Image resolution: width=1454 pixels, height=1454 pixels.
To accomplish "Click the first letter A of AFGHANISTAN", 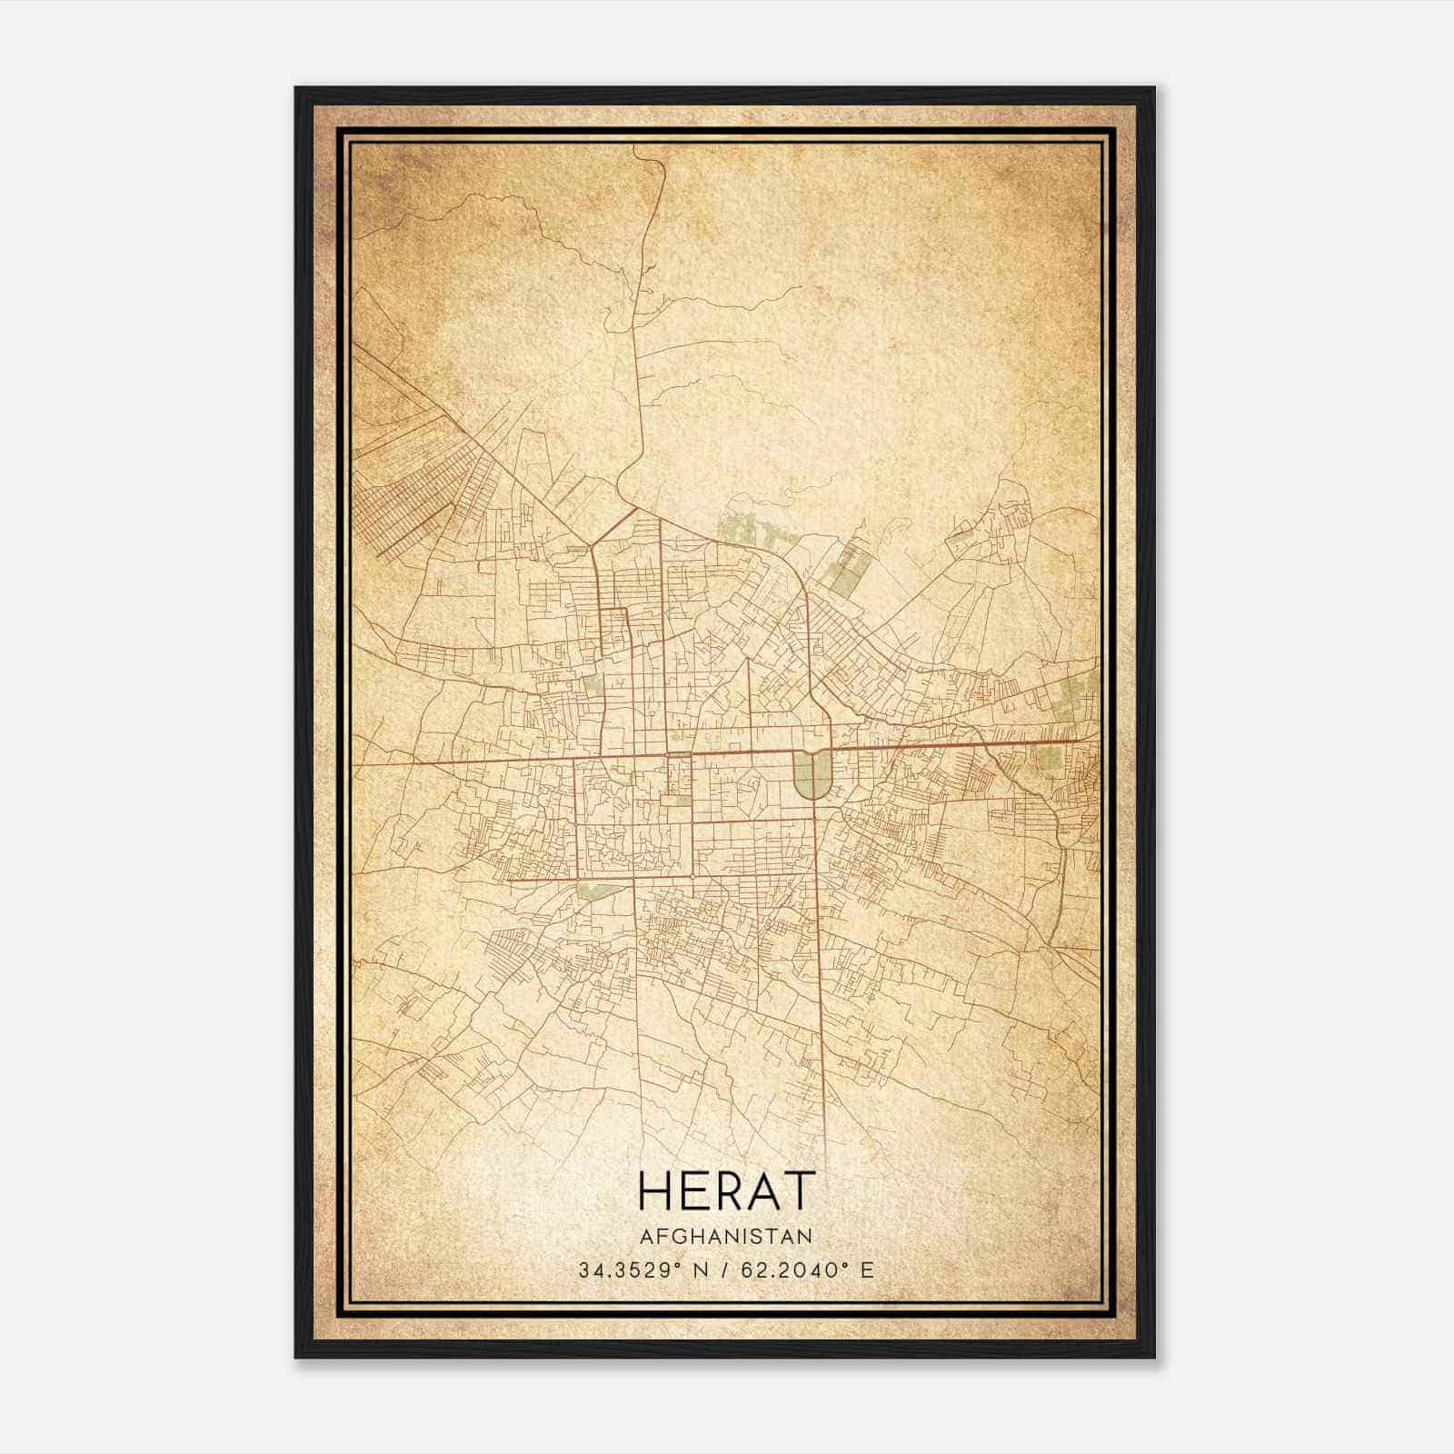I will (x=645, y=1236).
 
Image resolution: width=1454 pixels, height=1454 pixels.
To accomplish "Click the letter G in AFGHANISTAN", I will (x=676, y=1236).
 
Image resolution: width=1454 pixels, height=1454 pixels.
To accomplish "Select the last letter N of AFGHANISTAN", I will (x=805, y=1236).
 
